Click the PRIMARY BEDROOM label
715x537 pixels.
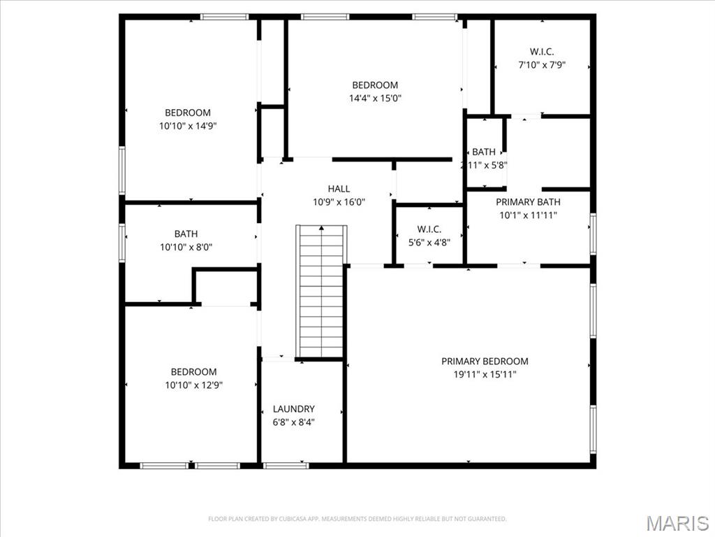coord(485,361)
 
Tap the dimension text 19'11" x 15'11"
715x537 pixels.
coord(485,374)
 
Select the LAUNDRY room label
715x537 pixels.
coord(293,409)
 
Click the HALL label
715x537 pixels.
coord(339,189)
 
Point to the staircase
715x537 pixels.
coord(321,294)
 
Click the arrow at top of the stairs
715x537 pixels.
coord(321,228)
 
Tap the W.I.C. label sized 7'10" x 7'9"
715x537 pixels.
coord(541,52)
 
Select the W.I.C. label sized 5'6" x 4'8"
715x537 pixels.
coord(429,229)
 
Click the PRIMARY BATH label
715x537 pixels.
coord(528,202)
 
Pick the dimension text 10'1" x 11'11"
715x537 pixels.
coord(528,215)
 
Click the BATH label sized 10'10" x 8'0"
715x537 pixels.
coord(186,234)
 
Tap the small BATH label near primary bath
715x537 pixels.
coord(484,152)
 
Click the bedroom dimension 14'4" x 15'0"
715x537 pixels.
coord(375,99)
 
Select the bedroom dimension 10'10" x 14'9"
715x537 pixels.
coord(187,126)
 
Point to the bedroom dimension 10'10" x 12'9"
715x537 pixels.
coord(193,385)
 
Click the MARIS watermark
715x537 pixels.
coord(677,523)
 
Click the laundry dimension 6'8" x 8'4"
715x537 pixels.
coord(293,422)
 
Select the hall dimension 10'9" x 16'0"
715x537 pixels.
coord(339,202)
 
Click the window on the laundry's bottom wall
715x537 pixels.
coord(286,465)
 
